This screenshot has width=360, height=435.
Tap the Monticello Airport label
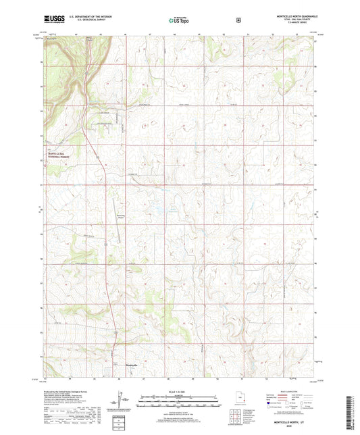click(x=121, y=217)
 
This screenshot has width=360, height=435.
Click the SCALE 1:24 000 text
click(x=179, y=392)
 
